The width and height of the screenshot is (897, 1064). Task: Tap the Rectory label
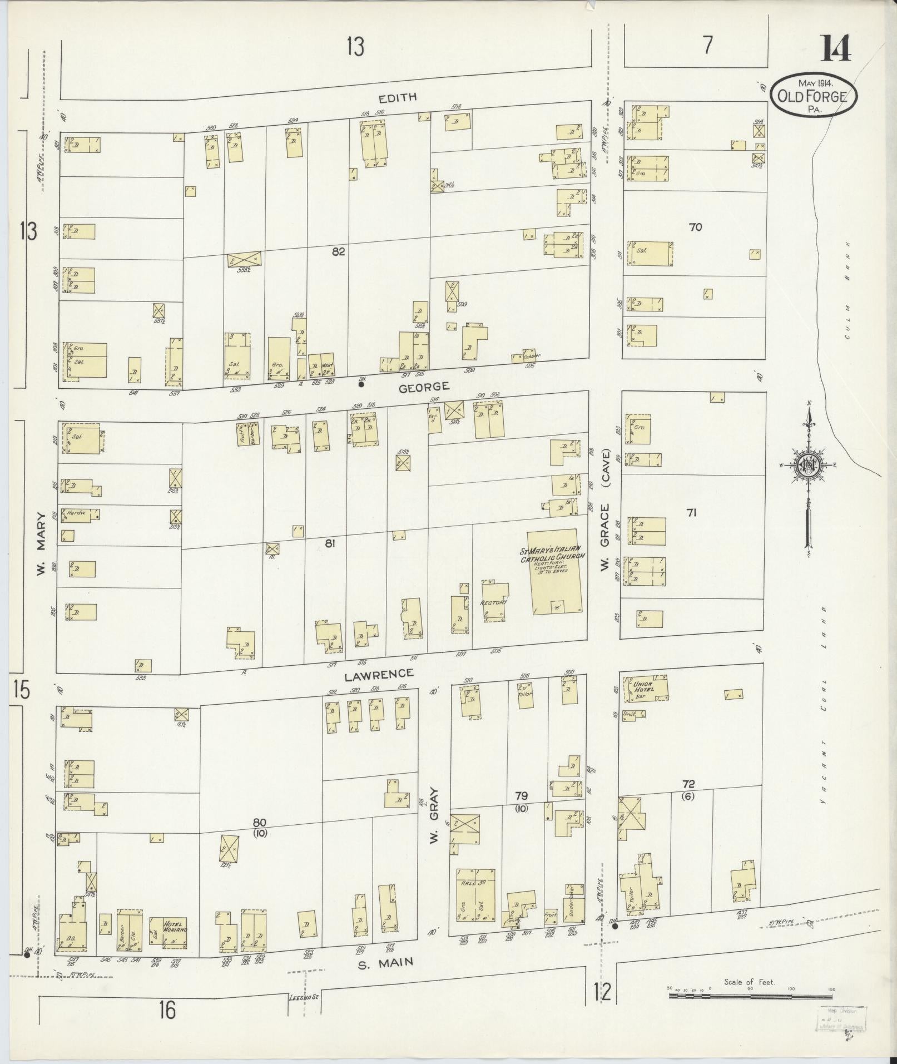pyautogui.click(x=494, y=603)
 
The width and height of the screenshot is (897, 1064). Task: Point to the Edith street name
pyautogui.click(x=397, y=97)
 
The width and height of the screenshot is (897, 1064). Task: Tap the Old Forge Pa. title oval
pyautogui.click(x=813, y=96)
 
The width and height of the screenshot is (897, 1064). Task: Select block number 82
pyautogui.click(x=338, y=252)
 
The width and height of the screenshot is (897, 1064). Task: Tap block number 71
pyautogui.click(x=691, y=513)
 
